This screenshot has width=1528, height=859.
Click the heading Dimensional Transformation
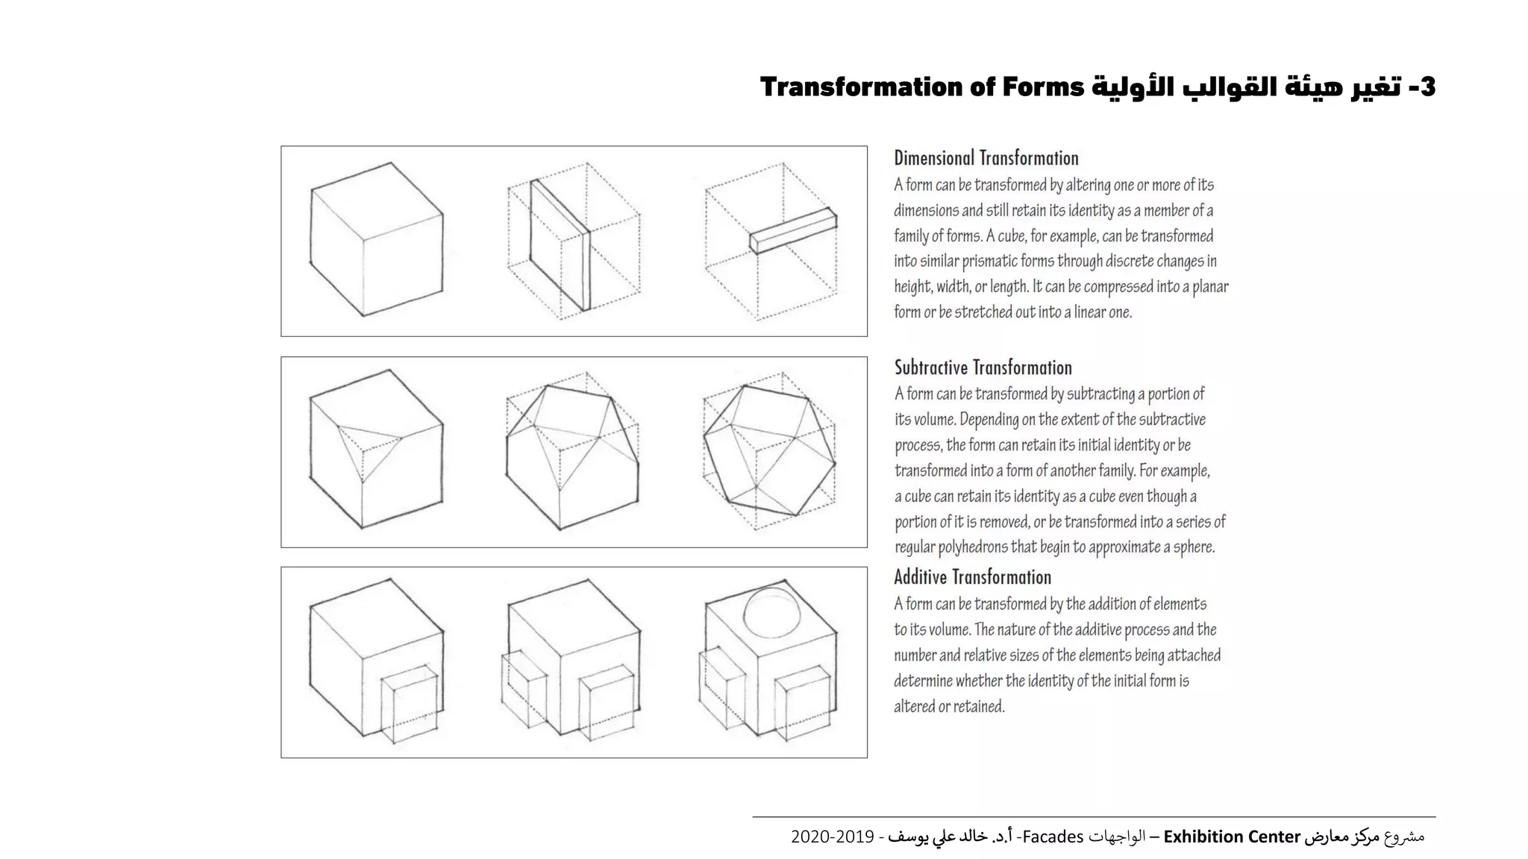pyautogui.click(x=986, y=158)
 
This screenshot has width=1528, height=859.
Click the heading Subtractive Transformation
pyautogui.click(x=983, y=368)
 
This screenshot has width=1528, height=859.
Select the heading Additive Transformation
pyautogui.click(x=972, y=577)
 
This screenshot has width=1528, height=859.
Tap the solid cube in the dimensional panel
pyautogui.click(x=376, y=240)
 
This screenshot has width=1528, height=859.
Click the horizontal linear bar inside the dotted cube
pyautogui.click(x=792, y=231)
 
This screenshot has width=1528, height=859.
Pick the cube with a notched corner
pyautogui.click(x=376, y=450)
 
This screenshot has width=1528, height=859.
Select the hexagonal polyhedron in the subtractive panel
pyautogui.click(x=769, y=450)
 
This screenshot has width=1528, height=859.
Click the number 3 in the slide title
pyautogui.click(x=1426, y=87)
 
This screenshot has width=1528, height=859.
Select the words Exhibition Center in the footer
pyautogui.click(x=1232, y=837)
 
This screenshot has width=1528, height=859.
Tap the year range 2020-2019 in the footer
pyautogui.click(x=832, y=837)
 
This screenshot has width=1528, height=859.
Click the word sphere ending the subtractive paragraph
pyautogui.click(x=1193, y=547)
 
